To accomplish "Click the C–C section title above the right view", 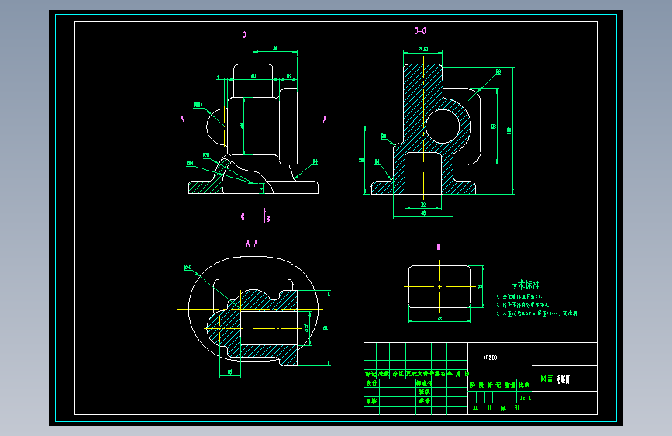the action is (421, 31).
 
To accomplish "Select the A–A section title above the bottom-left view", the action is (252, 244).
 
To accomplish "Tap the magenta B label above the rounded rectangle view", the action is (439, 247).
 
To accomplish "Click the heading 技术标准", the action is (525, 285).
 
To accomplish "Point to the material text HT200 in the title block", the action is (491, 358).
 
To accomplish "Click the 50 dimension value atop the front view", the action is (276, 48).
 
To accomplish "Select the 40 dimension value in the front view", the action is (253, 76).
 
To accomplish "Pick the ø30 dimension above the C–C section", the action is (423, 49).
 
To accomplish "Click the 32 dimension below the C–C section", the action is (423, 205).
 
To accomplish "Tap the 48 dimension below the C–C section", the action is (423, 213).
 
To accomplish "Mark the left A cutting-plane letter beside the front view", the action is (182, 119).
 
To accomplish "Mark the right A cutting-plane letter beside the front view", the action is (325, 119).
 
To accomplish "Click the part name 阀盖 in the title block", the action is (546, 380).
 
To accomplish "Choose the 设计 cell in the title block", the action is (370, 382).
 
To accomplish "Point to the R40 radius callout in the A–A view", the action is (188, 268).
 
